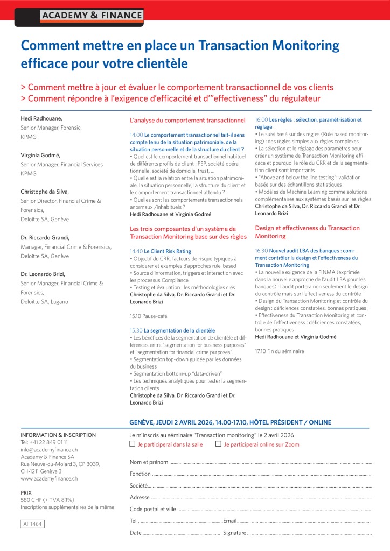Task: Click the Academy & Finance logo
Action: click(x=92, y=16)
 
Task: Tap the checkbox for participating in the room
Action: click(x=133, y=444)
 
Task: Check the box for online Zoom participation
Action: click(x=218, y=444)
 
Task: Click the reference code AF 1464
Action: click(x=33, y=524)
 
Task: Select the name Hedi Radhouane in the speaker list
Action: click(x=41, y=118)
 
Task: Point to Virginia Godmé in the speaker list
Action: click(x=40, y=155)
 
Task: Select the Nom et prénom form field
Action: click(x=269, y=462)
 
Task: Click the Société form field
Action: click(x=259, y=485)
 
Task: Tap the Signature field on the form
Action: click(x=310, y=533)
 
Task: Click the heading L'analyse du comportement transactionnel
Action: click(x=187, y=120)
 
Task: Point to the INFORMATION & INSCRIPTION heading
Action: click(x=58, y=435)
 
